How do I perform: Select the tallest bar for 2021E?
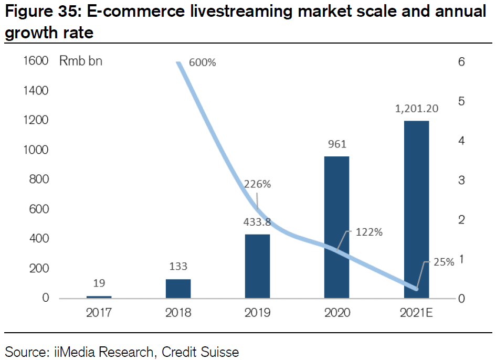tap(416, 209)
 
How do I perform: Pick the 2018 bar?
tap(178, 289)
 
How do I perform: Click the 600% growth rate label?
tap(202, 62)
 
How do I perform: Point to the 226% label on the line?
tap(257, 184)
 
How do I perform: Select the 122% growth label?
tap(369, 232)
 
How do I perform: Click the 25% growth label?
tap(444, 262)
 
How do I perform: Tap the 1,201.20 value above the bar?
tap(416, 109)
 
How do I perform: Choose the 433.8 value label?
tap(257, 222)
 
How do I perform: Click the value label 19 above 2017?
tap(99, 283)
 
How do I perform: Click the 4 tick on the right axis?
tap(461, 141)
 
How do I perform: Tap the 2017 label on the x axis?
tap(99, 313)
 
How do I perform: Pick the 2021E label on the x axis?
tap(416, 313)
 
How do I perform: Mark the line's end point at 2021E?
tap(416, 289)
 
